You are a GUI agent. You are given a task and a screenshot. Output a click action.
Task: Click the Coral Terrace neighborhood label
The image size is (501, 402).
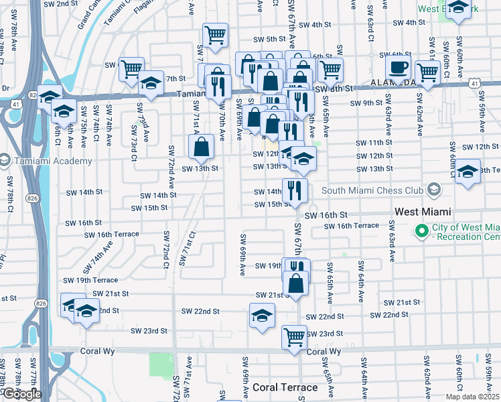tap(285, 387)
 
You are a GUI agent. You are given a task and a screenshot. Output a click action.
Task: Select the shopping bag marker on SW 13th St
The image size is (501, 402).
tap(202, 145)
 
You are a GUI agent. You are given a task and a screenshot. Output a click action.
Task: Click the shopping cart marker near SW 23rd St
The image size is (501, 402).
tap(294, 337)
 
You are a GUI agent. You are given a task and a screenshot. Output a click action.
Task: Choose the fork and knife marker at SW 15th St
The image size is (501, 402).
tap(295, 190)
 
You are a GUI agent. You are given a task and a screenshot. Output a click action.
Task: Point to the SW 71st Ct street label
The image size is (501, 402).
tap(186, 249)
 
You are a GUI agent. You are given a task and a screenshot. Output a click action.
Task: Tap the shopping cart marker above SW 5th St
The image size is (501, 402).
tap(215, 34)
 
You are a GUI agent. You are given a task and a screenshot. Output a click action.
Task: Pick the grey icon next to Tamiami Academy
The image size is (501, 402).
tap(5, 161)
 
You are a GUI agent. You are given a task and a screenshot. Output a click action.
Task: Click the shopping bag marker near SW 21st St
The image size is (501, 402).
tap(296, 282)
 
